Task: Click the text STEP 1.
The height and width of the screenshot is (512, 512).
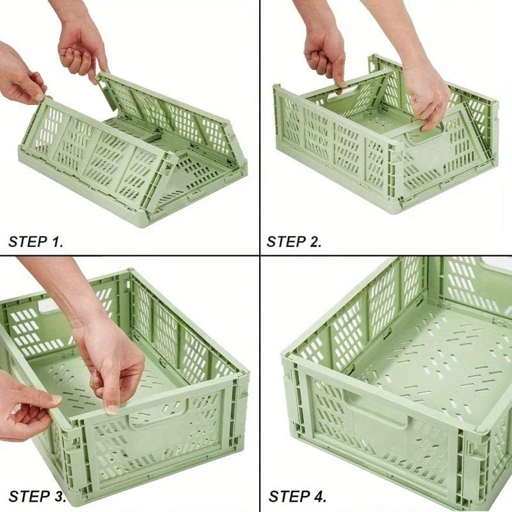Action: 36,242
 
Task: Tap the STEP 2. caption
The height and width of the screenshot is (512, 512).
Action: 294,242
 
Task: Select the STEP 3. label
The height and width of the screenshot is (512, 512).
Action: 37,497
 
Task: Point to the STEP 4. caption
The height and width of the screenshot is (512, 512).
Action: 298,497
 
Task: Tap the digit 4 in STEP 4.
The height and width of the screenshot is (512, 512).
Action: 317,497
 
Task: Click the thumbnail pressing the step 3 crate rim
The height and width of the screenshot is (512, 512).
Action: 112,410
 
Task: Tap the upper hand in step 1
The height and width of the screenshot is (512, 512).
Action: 82,49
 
